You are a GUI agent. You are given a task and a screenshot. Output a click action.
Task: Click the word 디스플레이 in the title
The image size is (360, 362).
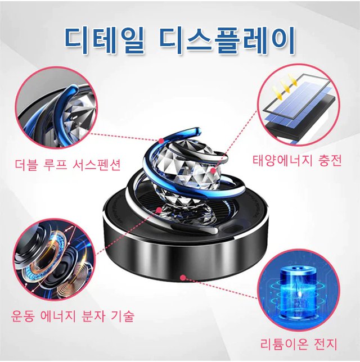(227, 40)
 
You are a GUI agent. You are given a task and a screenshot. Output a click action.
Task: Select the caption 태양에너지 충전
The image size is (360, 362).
(297, 160)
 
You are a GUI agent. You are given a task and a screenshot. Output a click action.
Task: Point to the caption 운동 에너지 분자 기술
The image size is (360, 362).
(73, 315)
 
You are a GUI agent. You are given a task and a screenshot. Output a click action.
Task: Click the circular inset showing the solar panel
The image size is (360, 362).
(299, 106)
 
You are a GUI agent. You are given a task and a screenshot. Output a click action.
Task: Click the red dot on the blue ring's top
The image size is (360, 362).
(161, 141)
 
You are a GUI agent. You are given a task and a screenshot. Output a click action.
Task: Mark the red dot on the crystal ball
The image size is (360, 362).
(213, 171)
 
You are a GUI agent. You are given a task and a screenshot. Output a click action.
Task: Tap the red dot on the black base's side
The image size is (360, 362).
(183, 277)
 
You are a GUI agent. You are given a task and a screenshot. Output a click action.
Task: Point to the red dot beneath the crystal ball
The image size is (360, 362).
(159, 210)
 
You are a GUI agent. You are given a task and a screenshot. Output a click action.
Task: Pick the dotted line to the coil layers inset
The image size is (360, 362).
(127, 232)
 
